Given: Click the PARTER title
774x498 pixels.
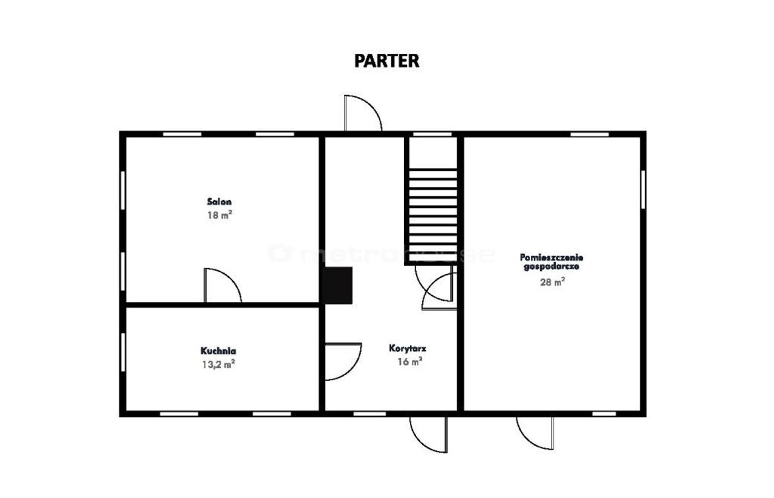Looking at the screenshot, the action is (386, 61).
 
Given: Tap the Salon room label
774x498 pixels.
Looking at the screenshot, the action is (220, 201).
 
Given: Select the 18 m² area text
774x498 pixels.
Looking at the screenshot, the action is (220, 215).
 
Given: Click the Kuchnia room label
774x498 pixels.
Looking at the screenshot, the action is (218, 351).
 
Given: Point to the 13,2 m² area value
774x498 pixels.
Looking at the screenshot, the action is (218, 364).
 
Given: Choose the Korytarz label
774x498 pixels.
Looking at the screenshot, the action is (408, 348).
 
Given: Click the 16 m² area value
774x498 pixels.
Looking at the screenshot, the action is (409, 361).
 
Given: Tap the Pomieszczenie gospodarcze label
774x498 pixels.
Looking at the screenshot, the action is (551, 262).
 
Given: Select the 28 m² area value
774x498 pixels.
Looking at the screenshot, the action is (552, 282).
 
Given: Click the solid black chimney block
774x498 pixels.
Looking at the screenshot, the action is (338, 286).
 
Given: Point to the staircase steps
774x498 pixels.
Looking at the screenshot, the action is (433, 215).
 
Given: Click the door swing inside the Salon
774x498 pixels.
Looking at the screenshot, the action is (223, 286).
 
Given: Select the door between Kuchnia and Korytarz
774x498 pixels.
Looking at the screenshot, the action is (343, 361).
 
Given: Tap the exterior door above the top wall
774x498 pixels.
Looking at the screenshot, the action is (363, 113).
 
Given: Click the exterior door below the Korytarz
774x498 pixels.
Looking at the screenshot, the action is (429, 434).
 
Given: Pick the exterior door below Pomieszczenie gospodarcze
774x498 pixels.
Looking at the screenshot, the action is (535, 433).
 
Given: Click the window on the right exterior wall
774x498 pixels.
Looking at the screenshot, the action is (643, 189).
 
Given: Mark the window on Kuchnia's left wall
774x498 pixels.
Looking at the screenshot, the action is (123, 352).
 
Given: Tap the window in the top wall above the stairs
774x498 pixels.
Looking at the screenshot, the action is (432, 134).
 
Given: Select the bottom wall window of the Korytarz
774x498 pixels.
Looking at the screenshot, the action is (369, 414).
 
